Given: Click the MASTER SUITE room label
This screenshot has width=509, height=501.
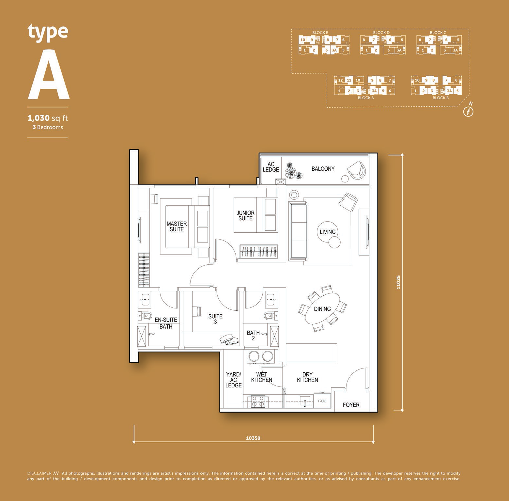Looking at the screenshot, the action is coord(177,227).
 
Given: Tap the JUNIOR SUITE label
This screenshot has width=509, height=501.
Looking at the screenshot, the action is coord(245,215).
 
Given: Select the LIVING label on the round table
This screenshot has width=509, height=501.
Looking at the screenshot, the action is coord(328,232).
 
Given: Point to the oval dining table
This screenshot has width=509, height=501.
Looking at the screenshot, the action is coord(322,309).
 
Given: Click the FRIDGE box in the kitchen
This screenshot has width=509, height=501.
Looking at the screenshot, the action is coord(322,401).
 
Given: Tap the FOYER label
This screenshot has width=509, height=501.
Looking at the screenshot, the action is coord(351,405).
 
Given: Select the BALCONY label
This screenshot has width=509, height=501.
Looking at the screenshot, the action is coord(323,169).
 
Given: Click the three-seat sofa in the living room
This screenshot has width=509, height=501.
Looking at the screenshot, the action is coord(298,231).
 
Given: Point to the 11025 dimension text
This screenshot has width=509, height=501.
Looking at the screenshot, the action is coord(398,282).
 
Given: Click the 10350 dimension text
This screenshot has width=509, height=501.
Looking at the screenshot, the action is coord(253,438).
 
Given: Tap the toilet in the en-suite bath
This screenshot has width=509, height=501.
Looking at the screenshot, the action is coord(146,316).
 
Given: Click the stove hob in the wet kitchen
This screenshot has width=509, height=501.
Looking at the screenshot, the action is coord(258,402).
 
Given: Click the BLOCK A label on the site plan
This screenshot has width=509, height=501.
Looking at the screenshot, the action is coord(366,98).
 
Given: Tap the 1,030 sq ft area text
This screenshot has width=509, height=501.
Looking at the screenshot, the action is coord(48,118).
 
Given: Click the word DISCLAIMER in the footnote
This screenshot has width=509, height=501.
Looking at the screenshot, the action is coord(39,473).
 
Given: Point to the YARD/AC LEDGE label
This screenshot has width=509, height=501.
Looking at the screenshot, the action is coord(234,380).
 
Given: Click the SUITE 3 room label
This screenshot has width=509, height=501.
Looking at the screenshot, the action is coord(215,319).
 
